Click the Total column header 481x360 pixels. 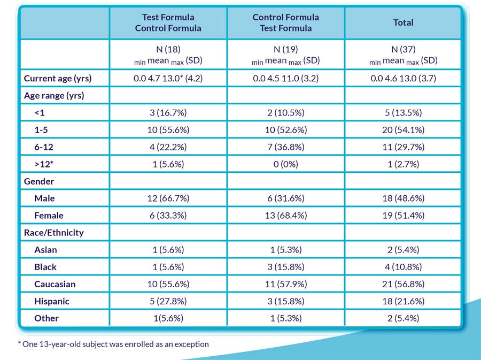403,22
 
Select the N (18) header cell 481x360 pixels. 168,55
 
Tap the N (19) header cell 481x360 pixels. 285,55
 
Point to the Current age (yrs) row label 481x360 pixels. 58,79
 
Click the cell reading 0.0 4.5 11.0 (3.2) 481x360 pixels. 285,79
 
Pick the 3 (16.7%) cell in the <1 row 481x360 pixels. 168,113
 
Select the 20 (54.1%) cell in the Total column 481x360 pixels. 403,130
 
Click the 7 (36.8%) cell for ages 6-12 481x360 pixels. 285,147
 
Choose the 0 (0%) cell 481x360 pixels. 285,164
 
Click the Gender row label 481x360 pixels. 39,181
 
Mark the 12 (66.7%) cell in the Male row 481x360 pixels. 168,198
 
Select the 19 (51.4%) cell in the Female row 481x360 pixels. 403,216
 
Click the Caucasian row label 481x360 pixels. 55,284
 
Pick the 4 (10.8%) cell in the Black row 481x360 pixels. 403,267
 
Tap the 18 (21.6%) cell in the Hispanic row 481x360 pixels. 403,301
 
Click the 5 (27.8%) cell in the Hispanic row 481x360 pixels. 168,301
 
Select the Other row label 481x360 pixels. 46,318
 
